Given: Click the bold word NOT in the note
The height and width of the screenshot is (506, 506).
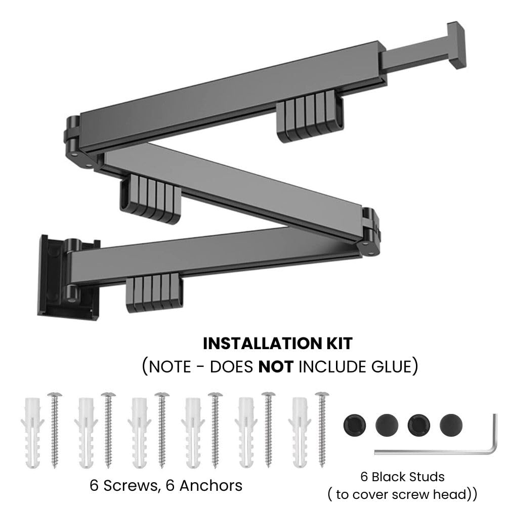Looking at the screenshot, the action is (x=276, y=367).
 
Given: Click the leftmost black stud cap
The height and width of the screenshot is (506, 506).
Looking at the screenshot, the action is (x=355, y=426).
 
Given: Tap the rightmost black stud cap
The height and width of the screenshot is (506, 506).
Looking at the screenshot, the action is (x=451, y=426).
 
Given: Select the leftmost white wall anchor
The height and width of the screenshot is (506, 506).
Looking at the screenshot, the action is (x=32, y=433).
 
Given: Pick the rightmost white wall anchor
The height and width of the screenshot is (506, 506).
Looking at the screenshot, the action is (x=300, y=433).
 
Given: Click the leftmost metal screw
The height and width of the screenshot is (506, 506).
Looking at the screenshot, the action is (x=55, y=430).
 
